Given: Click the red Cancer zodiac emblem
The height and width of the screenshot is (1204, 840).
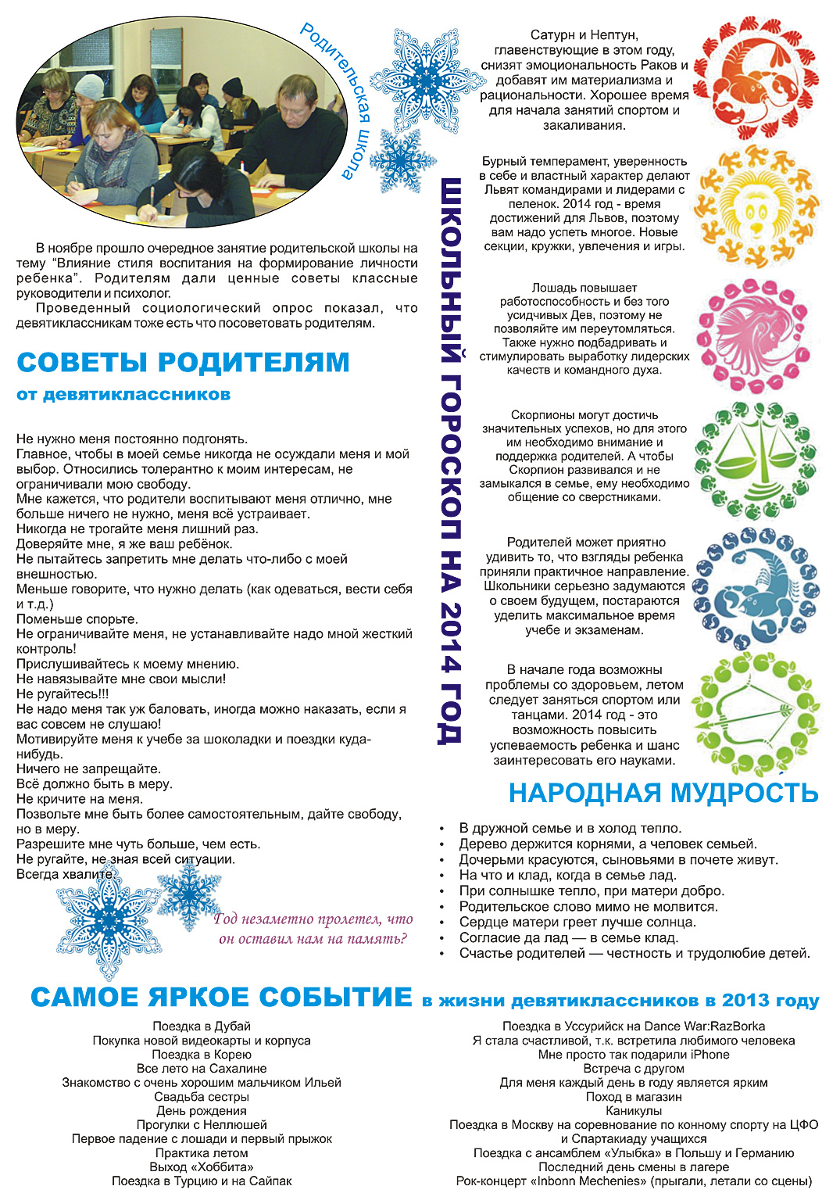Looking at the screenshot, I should point(756,78).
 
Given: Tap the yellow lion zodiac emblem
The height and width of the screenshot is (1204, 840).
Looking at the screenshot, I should point(756,206).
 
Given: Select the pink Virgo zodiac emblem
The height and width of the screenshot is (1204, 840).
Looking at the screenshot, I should point(756,335).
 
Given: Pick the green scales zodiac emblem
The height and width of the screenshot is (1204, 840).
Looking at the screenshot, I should point(756,461).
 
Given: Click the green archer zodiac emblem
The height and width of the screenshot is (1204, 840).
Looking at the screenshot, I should point(756,713).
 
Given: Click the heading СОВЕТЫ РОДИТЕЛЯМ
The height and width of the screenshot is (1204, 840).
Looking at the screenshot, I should point(183,363).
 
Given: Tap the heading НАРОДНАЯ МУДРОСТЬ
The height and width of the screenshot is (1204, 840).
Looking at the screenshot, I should point(663,793).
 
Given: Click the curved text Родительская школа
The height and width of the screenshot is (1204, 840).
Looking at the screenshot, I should point(338,98).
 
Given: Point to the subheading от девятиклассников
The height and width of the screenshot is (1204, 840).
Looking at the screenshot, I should point(123,395).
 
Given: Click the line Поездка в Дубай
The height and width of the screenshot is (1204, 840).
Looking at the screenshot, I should point(202,1026).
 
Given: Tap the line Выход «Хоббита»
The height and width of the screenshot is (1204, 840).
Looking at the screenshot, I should point(202,1166).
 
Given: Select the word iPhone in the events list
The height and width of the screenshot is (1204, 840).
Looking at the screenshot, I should point(710,1054).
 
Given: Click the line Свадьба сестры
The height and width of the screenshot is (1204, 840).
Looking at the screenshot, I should point(202,1096).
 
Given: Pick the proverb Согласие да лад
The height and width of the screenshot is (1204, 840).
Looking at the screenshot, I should point(568,937).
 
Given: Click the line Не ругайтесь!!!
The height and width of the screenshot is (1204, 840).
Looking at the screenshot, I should point(63,693).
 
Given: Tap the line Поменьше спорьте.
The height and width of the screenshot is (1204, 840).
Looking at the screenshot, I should point(77,619).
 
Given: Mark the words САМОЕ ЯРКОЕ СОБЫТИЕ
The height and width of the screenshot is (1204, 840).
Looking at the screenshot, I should point(221,998).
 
